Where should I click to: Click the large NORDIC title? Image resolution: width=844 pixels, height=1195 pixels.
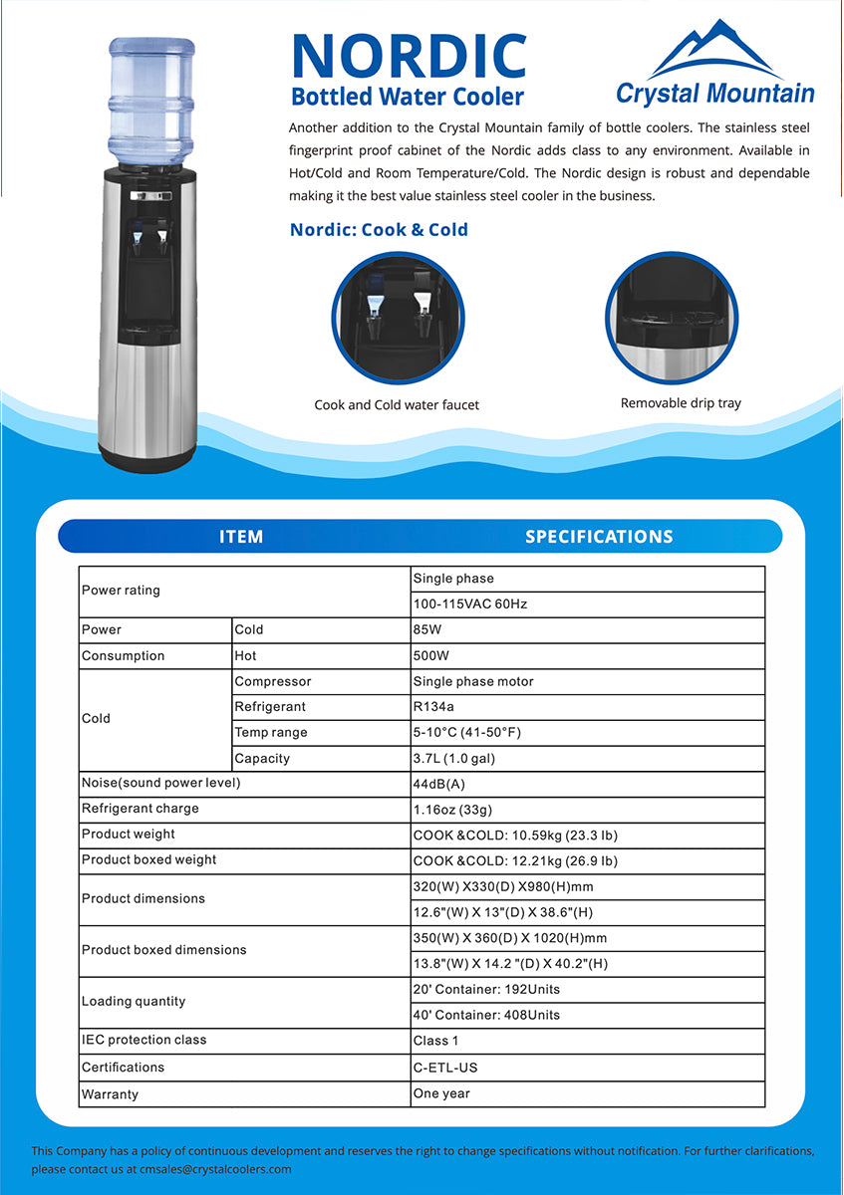click(409, 56)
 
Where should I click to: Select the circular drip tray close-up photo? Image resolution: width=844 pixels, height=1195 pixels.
click(672, 317)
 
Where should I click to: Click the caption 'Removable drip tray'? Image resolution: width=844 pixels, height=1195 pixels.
click(681, 403)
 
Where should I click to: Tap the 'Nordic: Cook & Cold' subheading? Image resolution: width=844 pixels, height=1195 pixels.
click(379, 230)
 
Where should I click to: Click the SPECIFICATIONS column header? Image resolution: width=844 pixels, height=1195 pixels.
click(599, 537)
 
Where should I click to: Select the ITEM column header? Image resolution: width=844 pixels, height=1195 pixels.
click(241, 537)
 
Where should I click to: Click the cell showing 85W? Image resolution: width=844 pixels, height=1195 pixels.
click(431, 630)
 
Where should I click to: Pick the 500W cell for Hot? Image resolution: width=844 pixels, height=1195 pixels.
click(431, 656)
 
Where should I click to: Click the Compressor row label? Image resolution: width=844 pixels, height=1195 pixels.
click(272, 682)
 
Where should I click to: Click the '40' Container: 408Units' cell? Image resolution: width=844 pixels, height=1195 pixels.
click(486, 1016)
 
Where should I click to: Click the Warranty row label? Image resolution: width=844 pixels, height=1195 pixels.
click(110, 1094)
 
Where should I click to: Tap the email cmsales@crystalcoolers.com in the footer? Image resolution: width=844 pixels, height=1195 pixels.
click(215, 1170)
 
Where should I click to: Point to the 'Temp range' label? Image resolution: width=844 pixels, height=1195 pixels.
click(271, 733)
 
